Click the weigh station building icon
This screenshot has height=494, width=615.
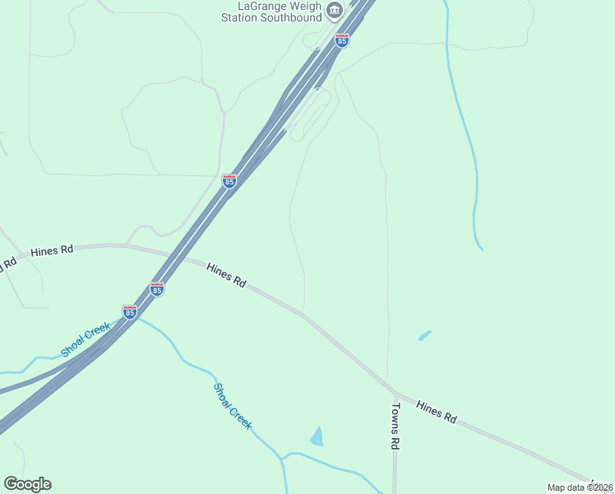click(334, 11)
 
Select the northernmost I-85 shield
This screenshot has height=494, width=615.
click(341, 40)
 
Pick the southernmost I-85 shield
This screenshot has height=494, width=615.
click(129, 312)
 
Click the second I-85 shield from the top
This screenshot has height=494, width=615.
click(229, 181)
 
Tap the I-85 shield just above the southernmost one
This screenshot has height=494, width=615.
click(157, 289)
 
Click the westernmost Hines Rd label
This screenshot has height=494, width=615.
click(52, 251)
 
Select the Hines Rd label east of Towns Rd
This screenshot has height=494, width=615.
click(436, 412)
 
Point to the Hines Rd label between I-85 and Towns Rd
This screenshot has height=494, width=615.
click(226, 274)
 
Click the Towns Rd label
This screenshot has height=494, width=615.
click(395, 425)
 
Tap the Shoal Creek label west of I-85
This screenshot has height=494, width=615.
click(86, 341)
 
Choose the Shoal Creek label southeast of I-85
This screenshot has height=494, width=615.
click(233, 406)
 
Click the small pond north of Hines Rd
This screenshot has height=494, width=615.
click(424, 335)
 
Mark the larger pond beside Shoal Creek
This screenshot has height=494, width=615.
click(317, 436)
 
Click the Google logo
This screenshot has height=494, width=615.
click(27, 484)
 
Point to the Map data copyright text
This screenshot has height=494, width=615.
click(580, 487)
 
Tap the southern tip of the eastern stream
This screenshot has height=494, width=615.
click(481, 248)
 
